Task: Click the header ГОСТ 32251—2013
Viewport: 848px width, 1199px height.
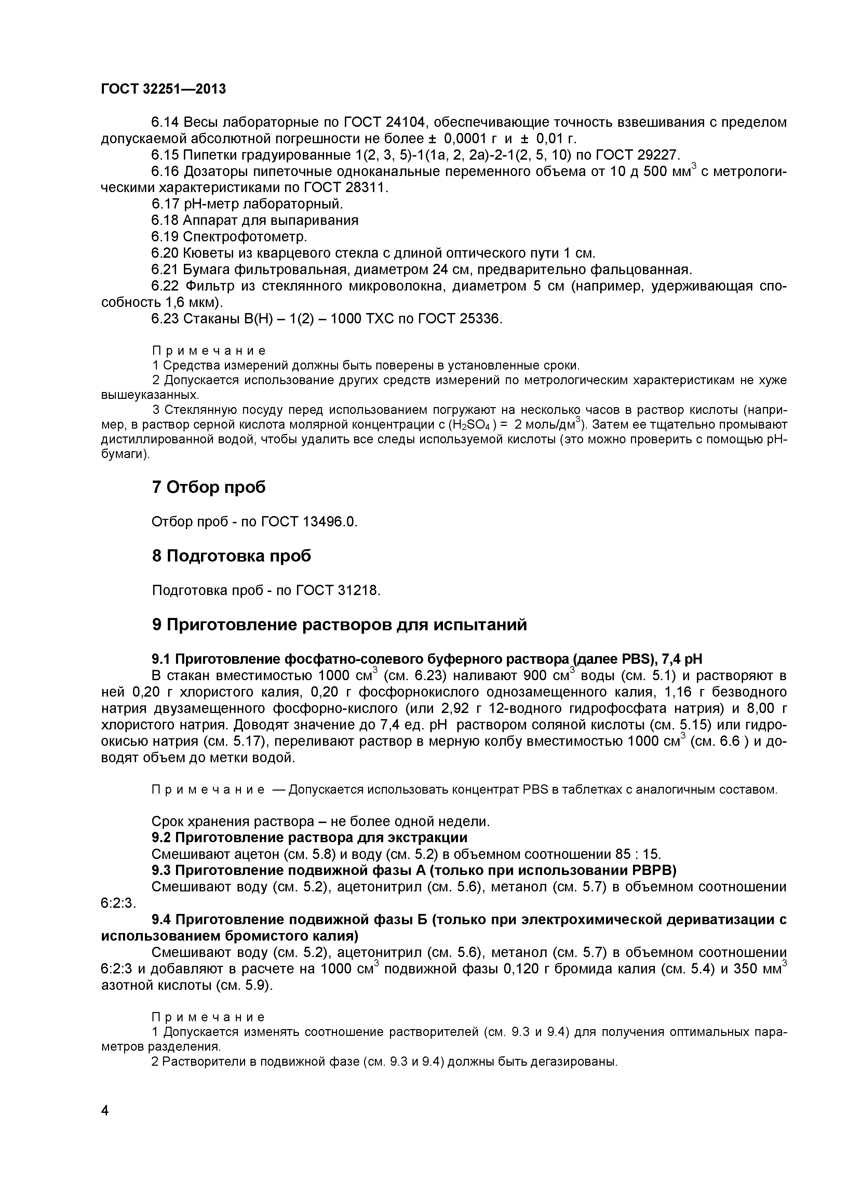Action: tap(163, 89)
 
